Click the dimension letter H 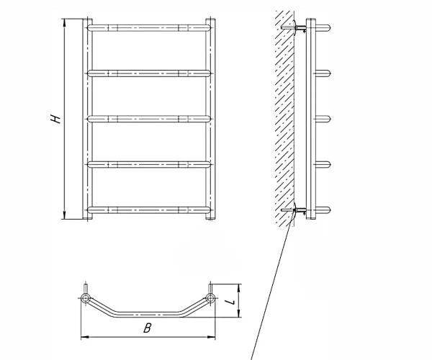56,118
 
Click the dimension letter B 148,328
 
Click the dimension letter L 230,302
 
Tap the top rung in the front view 149,27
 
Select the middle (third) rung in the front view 149,119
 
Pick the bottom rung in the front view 149,210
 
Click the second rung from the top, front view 149,73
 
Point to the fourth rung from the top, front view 149,164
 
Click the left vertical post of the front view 88,119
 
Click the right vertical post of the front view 210,119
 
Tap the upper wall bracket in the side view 294,27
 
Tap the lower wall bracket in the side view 294,210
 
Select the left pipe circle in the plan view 85,298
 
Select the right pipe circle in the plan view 210,298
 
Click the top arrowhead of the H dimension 65,22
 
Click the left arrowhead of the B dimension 85,337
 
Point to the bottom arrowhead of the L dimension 239,313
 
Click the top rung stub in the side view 323,27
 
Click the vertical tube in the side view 311,119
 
